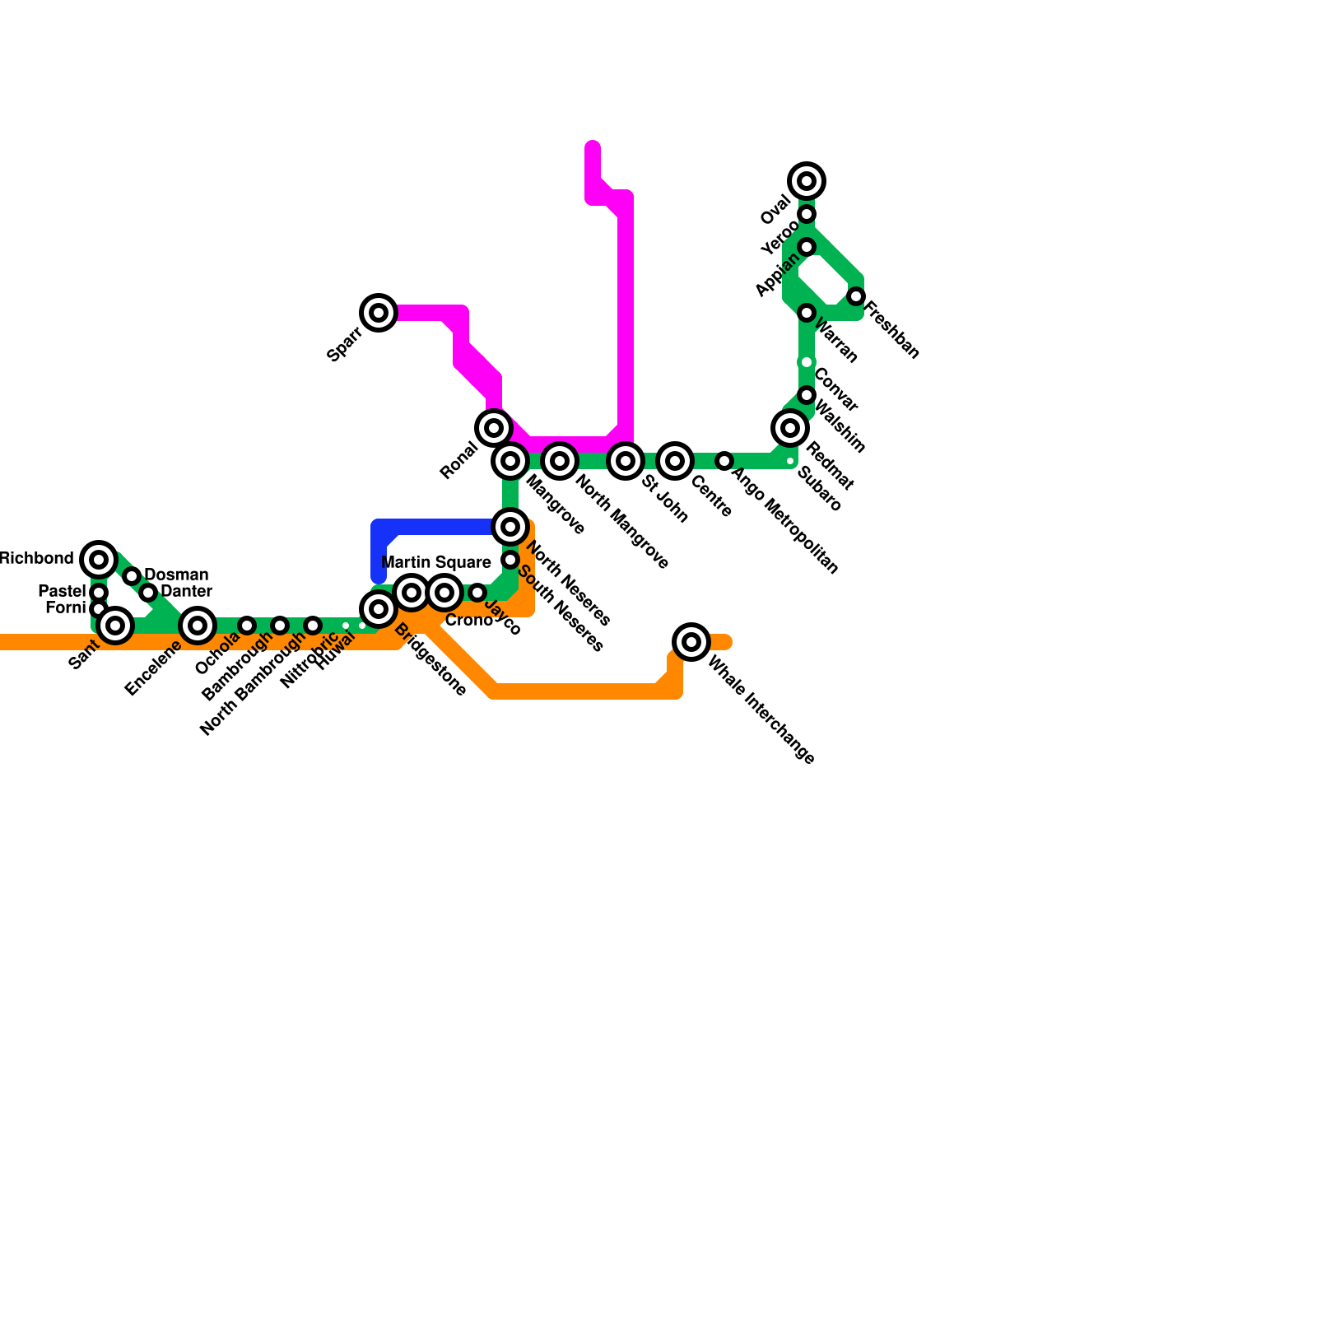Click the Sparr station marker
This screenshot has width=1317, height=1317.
click(x=379, y=313)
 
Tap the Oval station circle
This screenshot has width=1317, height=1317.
click(x=807, y=181)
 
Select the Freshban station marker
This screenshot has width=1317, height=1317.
click(x=856, y=296)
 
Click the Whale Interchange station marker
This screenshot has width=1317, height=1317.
click(x=691, y=642)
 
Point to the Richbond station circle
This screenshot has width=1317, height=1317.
click(x=99, y=560)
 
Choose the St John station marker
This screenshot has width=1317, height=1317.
click(x=626, y=461)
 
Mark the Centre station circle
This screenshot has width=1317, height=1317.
click(x=675, y=461)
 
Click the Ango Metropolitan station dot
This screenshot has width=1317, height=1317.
click(x=724, y=461)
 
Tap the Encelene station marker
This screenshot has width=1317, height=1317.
click(x=198, y=626)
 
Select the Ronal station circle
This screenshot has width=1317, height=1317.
click(x=494, y=428)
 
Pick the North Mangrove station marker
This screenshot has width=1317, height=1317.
click(x=560, y=461)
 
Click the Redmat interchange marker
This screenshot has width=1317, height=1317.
click(x=790, y=428)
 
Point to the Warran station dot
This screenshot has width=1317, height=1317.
click(x=807, y=313)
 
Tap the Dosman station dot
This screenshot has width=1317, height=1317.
click(x=132, y=576)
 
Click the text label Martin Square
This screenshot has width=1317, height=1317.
click(x=436, y=563)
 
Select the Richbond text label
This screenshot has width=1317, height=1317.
click(x=36, y=559)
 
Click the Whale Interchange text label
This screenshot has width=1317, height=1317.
click(x=761, y=710)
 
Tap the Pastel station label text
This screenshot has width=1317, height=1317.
click(x=62, y=592)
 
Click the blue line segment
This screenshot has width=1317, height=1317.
click(x=436, y=527)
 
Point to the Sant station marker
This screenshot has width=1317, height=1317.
click(x=115, y=626)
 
